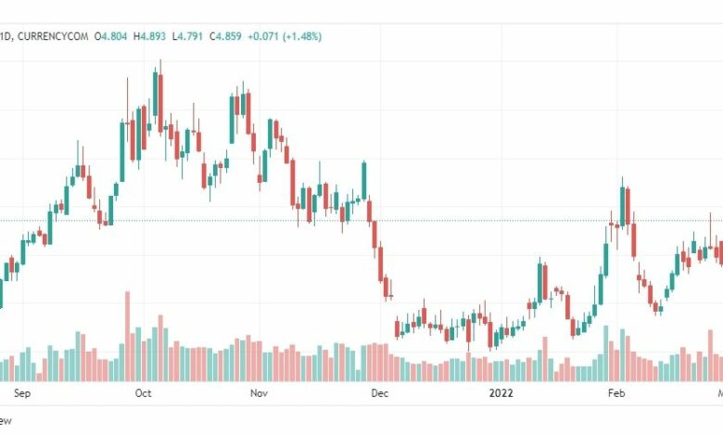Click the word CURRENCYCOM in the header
click(x=55, y=36)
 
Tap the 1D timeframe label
click(x=6, y=36)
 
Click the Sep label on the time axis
click(x=24, y=393)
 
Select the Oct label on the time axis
click(x=143, y=393)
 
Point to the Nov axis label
click(x=260, y=393)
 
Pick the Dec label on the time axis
click(x=379, y=393)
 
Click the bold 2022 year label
click(x=501, y=393)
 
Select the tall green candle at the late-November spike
click(x=364, y=181)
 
